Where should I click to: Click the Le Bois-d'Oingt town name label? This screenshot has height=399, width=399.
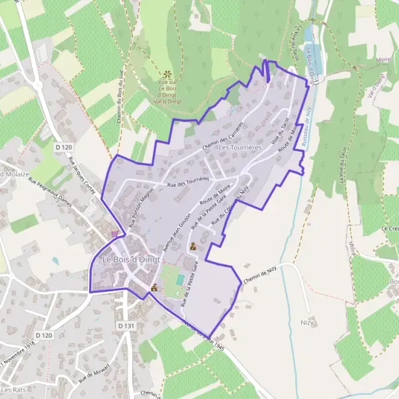coord(131,259)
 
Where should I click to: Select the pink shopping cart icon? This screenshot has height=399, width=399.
coord(118,233)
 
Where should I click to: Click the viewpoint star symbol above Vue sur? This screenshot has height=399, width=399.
coord(167,74)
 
